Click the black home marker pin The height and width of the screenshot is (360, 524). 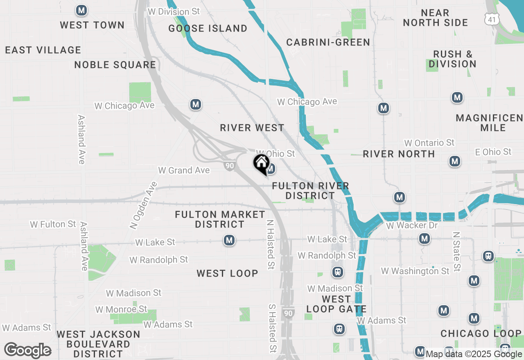261,164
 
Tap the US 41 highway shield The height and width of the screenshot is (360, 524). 490,18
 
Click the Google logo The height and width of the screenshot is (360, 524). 27,351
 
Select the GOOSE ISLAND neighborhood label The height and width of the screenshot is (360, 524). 208,28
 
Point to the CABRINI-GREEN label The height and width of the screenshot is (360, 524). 328,42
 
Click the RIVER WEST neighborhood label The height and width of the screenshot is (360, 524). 252,128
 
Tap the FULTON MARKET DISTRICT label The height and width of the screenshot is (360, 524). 220,219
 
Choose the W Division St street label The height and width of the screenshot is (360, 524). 174,11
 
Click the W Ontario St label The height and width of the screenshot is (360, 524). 429,143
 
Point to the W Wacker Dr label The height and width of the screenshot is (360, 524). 412,225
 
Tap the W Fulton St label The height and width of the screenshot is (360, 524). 53,224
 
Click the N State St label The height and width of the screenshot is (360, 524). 456,252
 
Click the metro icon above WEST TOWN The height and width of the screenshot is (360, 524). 81,11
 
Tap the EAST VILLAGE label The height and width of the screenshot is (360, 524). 43,50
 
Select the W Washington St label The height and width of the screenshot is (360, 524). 415,271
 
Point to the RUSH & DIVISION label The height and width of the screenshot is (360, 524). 452,59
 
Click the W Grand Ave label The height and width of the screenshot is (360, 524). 184,170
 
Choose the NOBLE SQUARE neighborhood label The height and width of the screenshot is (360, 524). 115,65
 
